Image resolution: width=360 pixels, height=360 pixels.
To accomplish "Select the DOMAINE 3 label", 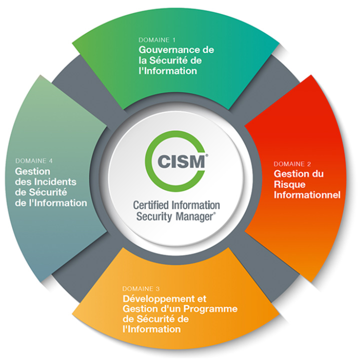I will (x=141, y=288).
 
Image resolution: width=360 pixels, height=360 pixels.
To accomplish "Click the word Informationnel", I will (x=307, y=194).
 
